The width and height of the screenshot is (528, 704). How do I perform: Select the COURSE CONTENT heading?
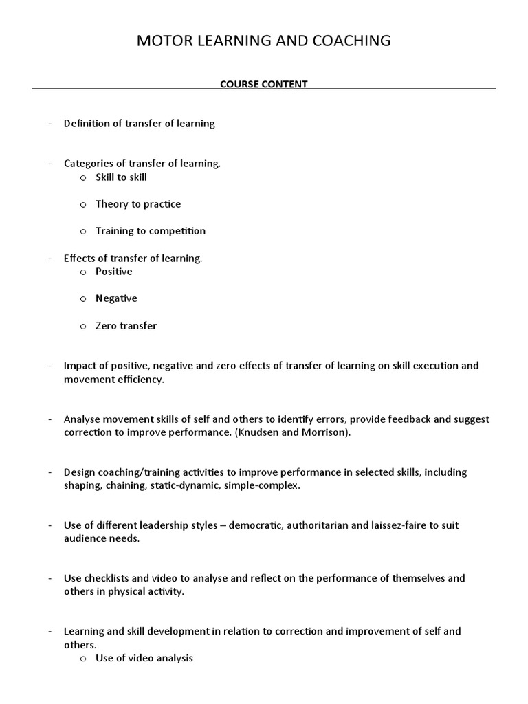coord(263,84)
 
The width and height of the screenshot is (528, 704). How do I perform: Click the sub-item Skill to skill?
coord(121,177)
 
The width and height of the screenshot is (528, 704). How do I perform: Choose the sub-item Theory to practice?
coord(138,204)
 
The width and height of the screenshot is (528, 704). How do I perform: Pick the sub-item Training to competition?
coord(150,231)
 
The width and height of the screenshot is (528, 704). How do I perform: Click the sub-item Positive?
coord(113,272)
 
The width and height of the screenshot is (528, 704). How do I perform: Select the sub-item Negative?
coord(116,298)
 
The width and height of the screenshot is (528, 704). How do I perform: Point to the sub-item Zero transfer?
coord(126,326)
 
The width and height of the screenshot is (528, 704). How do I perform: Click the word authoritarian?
coord(333,525)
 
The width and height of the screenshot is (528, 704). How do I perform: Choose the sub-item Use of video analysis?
coord(144,658)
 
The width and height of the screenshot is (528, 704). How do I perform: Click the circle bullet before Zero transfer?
coord(82,326)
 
